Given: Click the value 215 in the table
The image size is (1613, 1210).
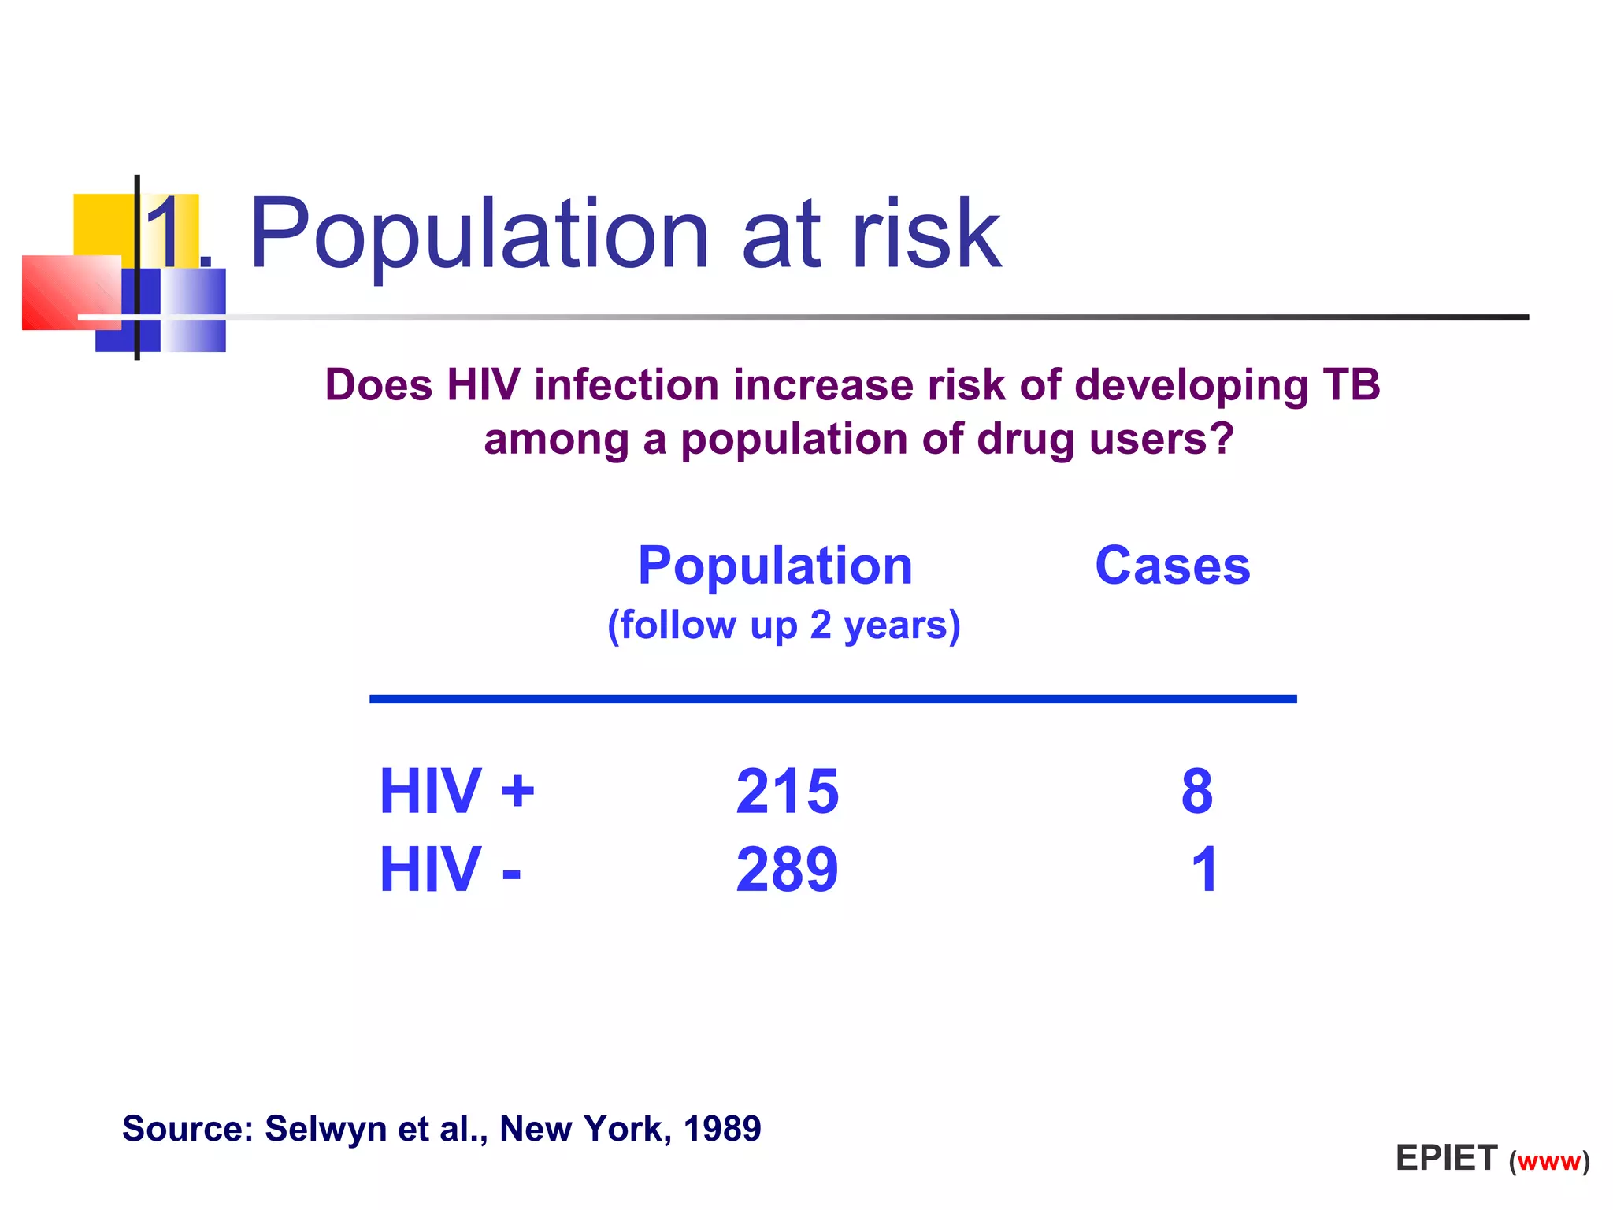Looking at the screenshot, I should [x=787, y=791].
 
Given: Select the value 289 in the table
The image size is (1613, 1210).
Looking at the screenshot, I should [x=787, y=870].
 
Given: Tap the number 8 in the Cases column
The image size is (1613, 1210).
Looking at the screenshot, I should [x=1196, y=791].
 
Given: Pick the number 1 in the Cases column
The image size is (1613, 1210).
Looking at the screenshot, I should [x=1204, y=870].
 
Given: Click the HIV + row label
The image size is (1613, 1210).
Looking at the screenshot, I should [x=457, y=791].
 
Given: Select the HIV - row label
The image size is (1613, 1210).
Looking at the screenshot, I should [x=450, y=870].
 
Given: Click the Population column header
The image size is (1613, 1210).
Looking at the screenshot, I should [x=775, y=566].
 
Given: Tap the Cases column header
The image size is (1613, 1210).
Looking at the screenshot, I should [x=1172, y=566].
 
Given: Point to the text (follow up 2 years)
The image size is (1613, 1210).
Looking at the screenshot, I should [x=784, y=625].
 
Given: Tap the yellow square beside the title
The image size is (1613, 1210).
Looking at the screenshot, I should [x=102, y=224].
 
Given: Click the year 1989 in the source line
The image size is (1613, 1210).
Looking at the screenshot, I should [x=721, y=1128].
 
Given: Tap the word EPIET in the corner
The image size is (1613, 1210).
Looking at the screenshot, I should [x=1446, y=1158].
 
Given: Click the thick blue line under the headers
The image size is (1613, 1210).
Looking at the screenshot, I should [x=832, y=699].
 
